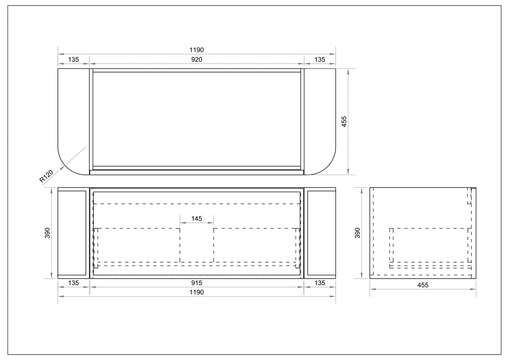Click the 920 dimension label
coord(197,60)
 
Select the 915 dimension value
coord(197,283)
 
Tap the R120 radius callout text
coord(46,176)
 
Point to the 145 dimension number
coord(197,219)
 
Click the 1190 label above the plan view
coord(197,50)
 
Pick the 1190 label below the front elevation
coord(197,292)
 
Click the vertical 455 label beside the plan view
coord(344,122)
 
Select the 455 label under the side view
coord(423,285)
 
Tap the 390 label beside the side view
coord(358,233)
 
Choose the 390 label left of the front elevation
coord(47,233)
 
